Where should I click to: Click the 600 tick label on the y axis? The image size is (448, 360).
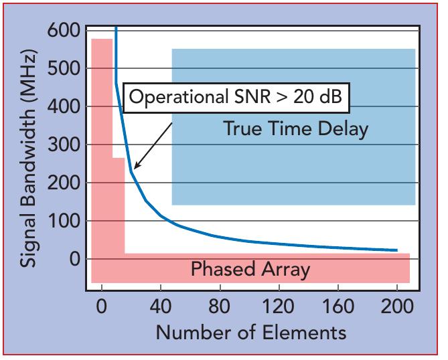coord(64,31)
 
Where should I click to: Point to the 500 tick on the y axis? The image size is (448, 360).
coord(64,69)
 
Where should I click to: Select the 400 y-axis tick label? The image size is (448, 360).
coord(64,107)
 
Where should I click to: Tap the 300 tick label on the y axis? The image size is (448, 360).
coord(64,145)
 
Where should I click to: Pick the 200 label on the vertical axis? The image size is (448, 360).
coord(64,183)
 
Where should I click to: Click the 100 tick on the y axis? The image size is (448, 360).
coord(64,221)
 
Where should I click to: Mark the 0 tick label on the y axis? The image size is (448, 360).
coord(74,259)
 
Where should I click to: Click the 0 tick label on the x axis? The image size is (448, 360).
coord(102,308)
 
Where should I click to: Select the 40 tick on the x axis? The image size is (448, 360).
coord(161,308)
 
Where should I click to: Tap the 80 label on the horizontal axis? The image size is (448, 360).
coord(220,308)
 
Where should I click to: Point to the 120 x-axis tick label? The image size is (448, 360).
coord(279,308)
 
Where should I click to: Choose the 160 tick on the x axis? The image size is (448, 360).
coord(338,308)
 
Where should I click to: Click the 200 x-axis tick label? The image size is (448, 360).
coord(397,308)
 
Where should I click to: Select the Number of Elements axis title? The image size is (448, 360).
coord(251,333)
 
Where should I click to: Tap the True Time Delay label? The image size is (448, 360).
coord(295,128)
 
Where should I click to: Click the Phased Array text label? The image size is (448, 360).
coord(250,270)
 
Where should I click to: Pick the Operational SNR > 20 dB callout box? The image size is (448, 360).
coord(235,98)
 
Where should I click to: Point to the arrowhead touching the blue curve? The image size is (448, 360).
coord(135,168)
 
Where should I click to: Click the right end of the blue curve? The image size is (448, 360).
coord(397,250)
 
